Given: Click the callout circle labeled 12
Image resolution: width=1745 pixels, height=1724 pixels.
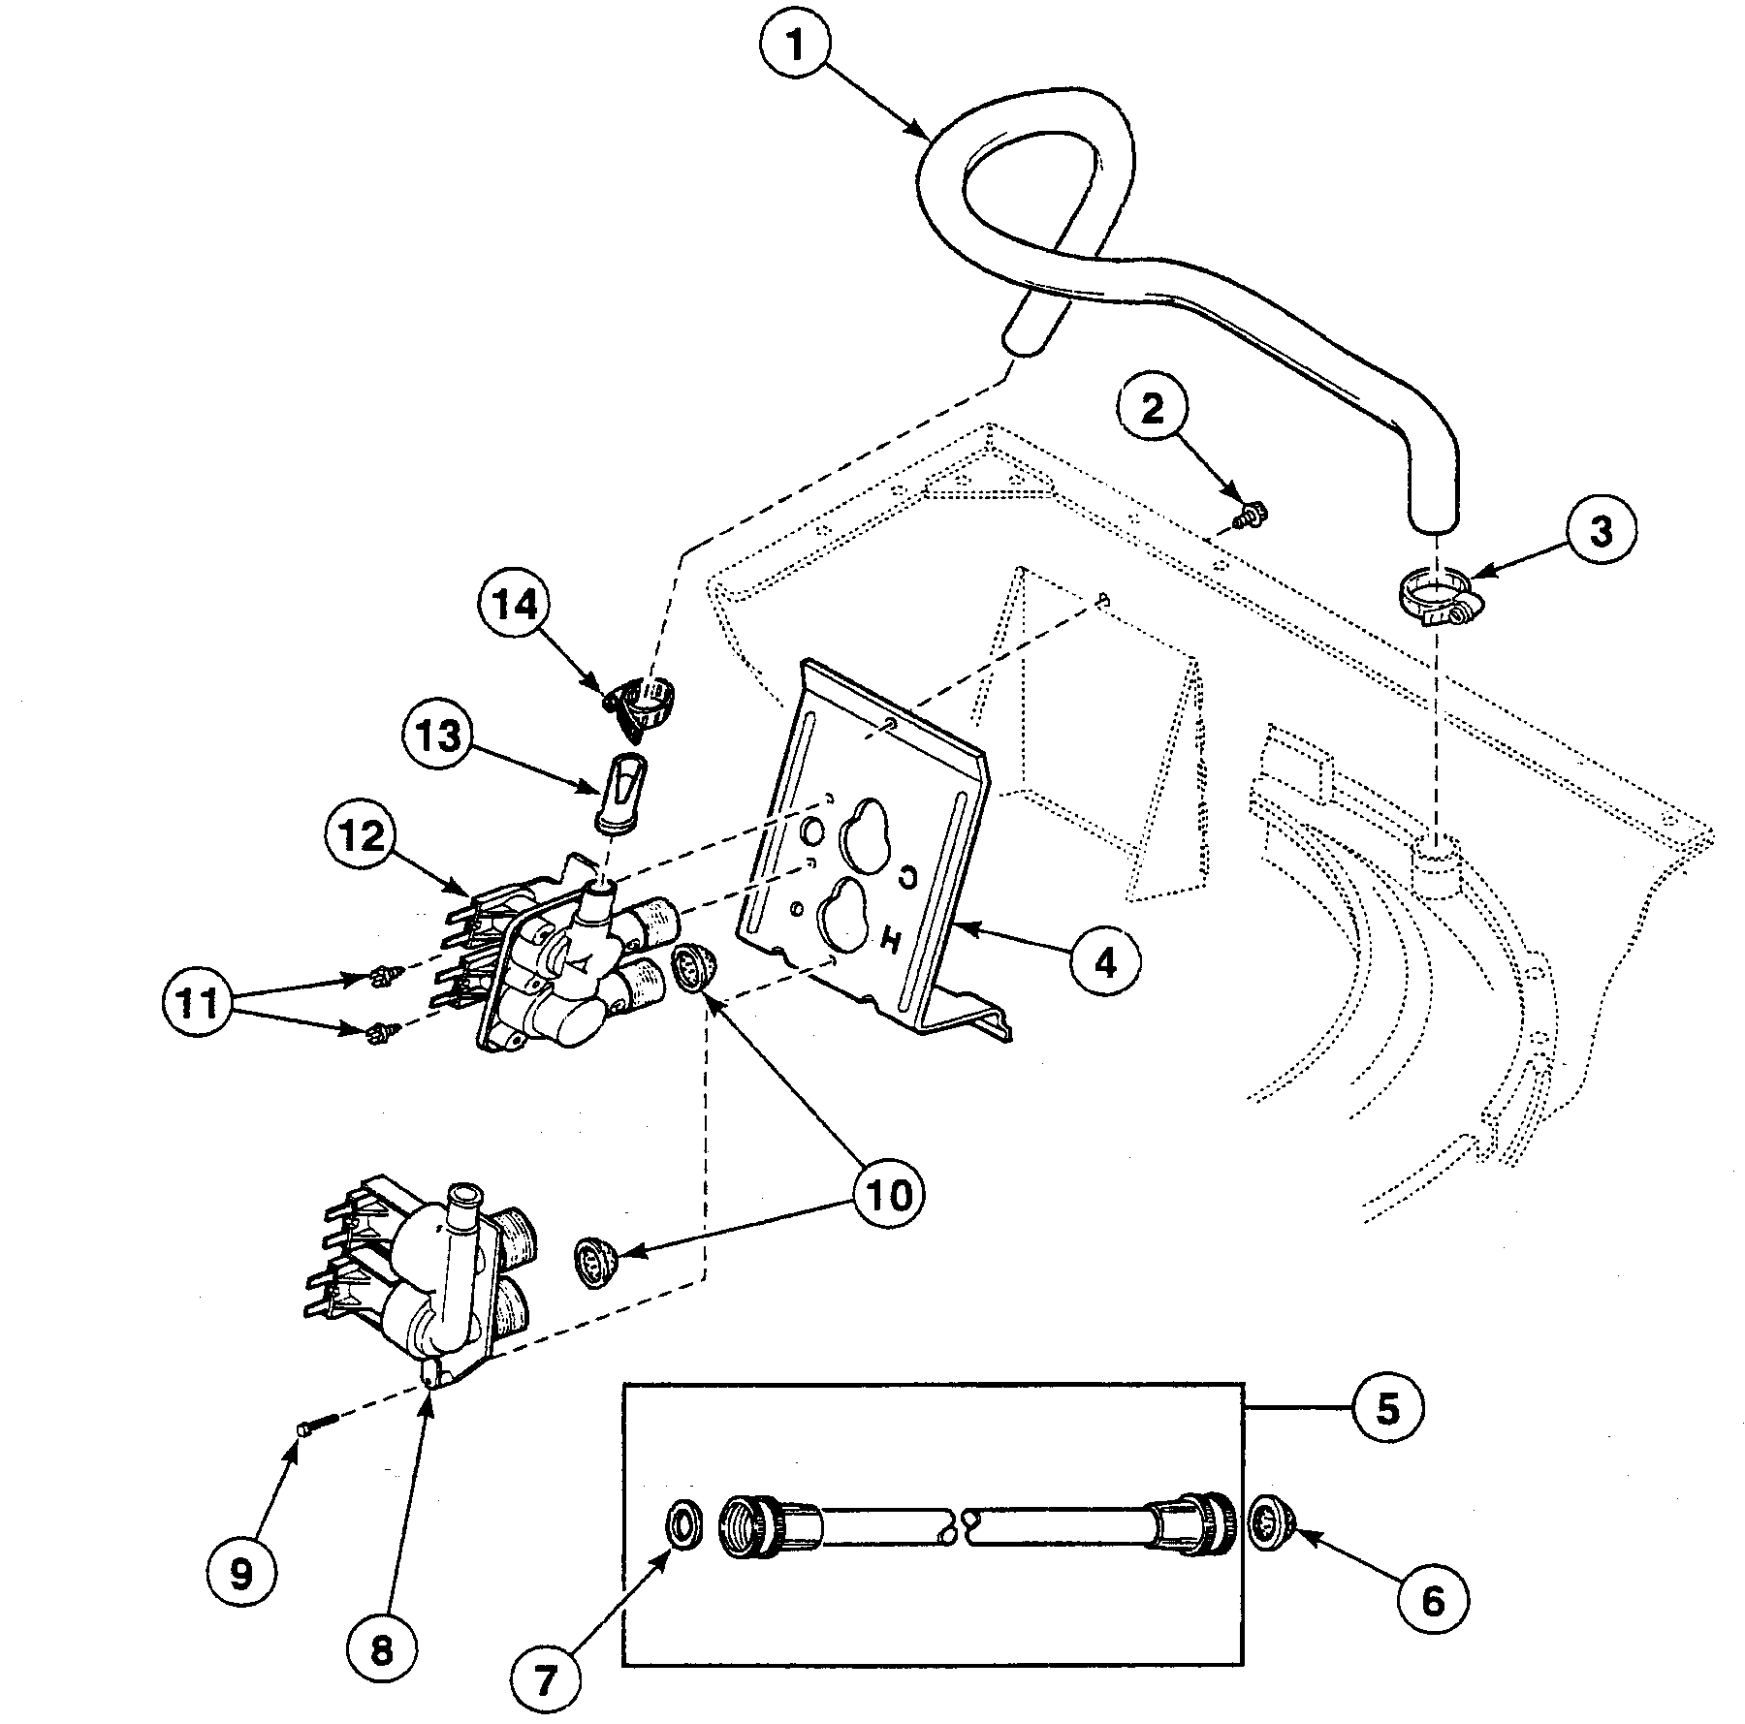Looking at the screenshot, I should [361, 836].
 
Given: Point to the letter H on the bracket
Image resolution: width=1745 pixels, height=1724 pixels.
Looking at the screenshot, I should [887, 936].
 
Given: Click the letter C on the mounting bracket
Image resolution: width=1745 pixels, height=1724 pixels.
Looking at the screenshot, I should [908, 877].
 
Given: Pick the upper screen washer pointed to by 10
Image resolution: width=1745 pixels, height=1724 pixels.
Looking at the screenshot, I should [693, 970].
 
